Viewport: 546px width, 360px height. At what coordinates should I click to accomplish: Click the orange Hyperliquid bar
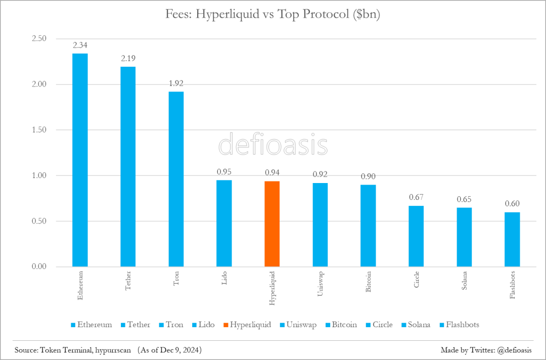(272, 223)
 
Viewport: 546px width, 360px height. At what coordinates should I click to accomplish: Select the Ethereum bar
(80, 160)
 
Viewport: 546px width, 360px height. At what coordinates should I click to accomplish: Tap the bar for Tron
(176, 179)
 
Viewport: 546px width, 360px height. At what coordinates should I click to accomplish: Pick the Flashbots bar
(512, 239)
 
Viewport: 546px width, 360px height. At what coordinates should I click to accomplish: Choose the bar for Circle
(416, 236)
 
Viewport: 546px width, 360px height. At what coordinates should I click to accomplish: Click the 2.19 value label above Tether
(128, 59)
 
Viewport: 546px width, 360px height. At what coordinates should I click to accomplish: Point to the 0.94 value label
(272, 173)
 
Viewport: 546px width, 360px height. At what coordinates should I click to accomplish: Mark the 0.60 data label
(512, 204)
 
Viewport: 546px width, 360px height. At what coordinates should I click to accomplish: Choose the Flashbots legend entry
(459, 325)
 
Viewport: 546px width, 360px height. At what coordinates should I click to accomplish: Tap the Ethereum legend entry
(91, 325)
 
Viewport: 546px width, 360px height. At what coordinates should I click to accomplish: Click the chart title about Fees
(273, 14)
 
